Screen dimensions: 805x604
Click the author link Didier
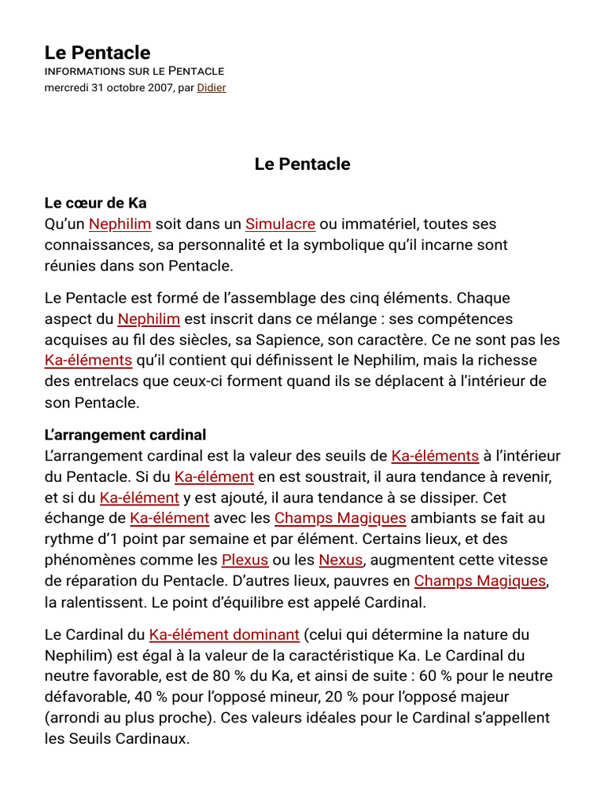point(211,87)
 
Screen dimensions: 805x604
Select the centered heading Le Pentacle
point(302,164)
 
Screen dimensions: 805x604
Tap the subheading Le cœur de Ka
point(95,203)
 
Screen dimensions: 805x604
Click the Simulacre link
point(280,224)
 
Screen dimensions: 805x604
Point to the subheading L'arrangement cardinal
point(125,435)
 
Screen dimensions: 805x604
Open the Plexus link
point(245,560)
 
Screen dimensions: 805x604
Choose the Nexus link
point(341,560)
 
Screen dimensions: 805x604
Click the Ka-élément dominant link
point(224,634)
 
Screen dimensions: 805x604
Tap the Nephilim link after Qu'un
point(120,224)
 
